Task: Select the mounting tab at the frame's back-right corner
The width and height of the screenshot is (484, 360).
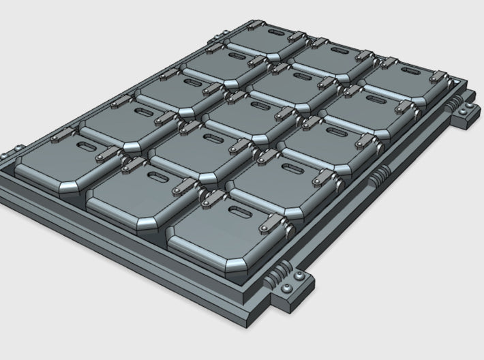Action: click(462, 113)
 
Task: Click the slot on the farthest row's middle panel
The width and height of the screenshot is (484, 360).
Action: click(339, 51)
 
